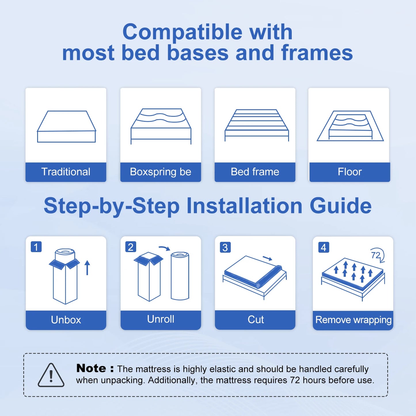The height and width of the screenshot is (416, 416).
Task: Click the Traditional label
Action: coord(66,172)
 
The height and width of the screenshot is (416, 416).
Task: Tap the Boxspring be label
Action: coord(160,172)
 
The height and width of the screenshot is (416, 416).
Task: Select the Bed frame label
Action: coord(255,172)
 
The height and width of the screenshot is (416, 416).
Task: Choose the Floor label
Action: coord(349,172)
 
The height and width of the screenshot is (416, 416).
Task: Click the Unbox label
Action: coord(66,320)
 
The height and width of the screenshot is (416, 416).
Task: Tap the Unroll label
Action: coord(160,319)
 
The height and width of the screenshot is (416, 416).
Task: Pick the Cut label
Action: coord(256,320)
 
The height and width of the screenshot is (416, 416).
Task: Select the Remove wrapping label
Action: coord(353,320)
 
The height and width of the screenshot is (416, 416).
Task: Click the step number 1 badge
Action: coord(36,247)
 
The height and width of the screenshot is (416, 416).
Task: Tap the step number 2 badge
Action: coord(131,247)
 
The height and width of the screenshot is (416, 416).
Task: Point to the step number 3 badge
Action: coord(225,247)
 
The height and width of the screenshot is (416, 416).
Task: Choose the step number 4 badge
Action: coord(324,247)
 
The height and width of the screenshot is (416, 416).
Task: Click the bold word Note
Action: coord(91,368)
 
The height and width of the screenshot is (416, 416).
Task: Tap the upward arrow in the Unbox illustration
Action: coord(87,268)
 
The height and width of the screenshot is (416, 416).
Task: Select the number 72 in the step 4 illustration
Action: coord(375,255)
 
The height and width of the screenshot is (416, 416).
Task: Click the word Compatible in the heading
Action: coord(183,32)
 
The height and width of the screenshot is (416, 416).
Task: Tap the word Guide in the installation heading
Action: coord(341,206)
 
